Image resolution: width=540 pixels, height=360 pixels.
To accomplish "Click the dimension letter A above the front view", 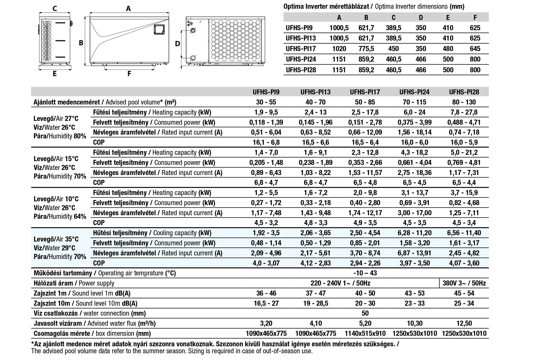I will [x=128, y=9].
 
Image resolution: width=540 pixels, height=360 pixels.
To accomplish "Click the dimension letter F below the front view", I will [x=129, y=74].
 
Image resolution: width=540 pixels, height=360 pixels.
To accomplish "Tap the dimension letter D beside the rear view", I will [x=177, y=44].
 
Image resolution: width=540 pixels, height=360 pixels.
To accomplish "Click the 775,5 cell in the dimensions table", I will [x=366, y=49].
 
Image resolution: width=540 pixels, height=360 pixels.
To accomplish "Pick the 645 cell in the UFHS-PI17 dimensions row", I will [x=475, y=49].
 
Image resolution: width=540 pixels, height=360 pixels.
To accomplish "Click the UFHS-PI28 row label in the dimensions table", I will [x=301, y=70].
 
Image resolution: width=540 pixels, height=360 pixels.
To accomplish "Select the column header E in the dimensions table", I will [x=448, y=17].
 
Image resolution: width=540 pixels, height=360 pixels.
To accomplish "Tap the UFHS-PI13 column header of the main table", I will [x=315, y=92].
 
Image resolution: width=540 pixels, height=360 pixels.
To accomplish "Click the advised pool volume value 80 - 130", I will [x=464, y=102].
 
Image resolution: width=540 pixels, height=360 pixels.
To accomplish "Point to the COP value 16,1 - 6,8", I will [x=266, y=142].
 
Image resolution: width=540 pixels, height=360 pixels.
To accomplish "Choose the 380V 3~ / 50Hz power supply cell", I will [x=464, y=283].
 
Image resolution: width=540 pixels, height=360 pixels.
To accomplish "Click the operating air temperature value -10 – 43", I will [x=365, y=273].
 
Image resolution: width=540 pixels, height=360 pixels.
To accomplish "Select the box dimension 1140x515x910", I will [x=365, y=334].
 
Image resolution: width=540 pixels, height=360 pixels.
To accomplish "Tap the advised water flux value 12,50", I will [x=464, y=324].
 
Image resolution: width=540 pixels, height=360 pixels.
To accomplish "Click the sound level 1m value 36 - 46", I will [x=266, y=293].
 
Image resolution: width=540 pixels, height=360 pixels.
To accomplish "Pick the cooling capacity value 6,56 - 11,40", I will [x=464, y=233].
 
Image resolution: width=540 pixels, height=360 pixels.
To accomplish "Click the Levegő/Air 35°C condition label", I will [x=56, y=239].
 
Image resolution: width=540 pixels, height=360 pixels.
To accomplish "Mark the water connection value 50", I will [x=365, y=314].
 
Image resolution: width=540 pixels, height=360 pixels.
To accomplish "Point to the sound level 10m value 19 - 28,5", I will [x=315, y=303].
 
